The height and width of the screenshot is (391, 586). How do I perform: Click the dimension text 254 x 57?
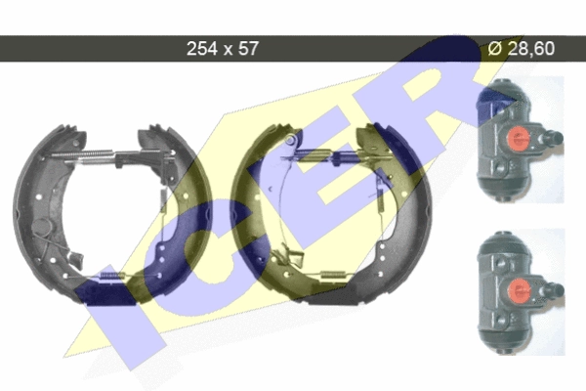coord(223,49)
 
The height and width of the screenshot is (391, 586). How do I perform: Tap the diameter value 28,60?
coord(531,49)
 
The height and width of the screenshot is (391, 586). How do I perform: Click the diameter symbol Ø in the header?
coord(495,49)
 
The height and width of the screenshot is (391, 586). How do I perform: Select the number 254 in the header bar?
coord(202,49)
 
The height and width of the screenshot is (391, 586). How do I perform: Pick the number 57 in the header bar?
coord(248,49)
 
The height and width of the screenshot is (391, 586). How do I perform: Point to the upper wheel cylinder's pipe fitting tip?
coord(559,137)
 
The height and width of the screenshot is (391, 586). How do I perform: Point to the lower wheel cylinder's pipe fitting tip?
coord(560,289)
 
